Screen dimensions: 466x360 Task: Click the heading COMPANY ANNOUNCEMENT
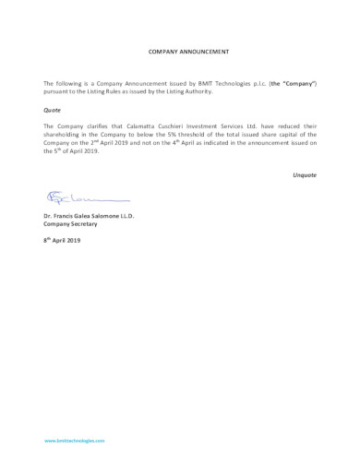[188, 53]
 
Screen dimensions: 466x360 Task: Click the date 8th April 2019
[63, 240]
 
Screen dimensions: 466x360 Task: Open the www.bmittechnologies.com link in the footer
[75, 441]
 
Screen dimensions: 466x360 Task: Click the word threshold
[199, 134]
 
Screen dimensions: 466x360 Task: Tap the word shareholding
[65, 134]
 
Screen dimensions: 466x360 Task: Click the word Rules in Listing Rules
[120, 91]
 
